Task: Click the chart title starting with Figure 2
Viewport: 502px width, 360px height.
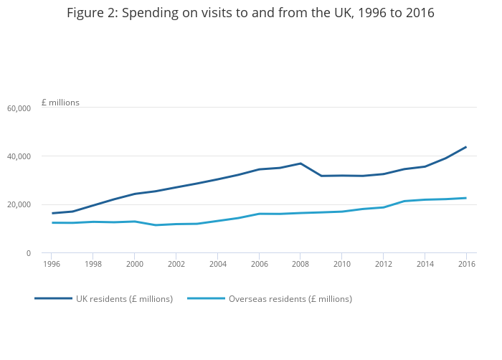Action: coord(250,13)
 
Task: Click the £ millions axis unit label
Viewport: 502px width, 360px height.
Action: coord(60,103)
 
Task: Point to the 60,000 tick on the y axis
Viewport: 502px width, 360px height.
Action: coord(19,108)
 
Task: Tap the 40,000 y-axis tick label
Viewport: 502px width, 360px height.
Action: coord(19,156)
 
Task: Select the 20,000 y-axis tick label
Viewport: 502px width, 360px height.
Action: coord(19,205)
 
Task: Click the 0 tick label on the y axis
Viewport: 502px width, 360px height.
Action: coord(29,253)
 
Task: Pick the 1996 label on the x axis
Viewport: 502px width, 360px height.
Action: coord(52,264)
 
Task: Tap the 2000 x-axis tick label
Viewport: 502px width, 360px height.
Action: coord(135,264)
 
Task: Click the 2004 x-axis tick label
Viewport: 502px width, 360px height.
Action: coord(217,264)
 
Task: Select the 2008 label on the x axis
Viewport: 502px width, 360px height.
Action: coord(300,264)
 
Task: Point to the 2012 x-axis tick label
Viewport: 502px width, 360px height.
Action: coord(383,264)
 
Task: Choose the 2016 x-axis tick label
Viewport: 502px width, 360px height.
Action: coord(466,264)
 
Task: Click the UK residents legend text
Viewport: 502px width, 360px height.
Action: coord(124,299)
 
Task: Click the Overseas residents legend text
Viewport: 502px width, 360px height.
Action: coord(290,299)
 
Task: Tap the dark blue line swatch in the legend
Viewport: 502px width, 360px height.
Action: coord(53,298)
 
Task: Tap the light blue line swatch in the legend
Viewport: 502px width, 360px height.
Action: coord(206,298)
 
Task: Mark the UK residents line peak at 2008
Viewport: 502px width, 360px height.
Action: coord(300,164)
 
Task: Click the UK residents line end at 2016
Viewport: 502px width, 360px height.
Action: coord(466,147)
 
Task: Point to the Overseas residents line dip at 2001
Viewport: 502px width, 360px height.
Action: coord(156,225)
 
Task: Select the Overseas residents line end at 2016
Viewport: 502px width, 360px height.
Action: coord(466,198)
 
